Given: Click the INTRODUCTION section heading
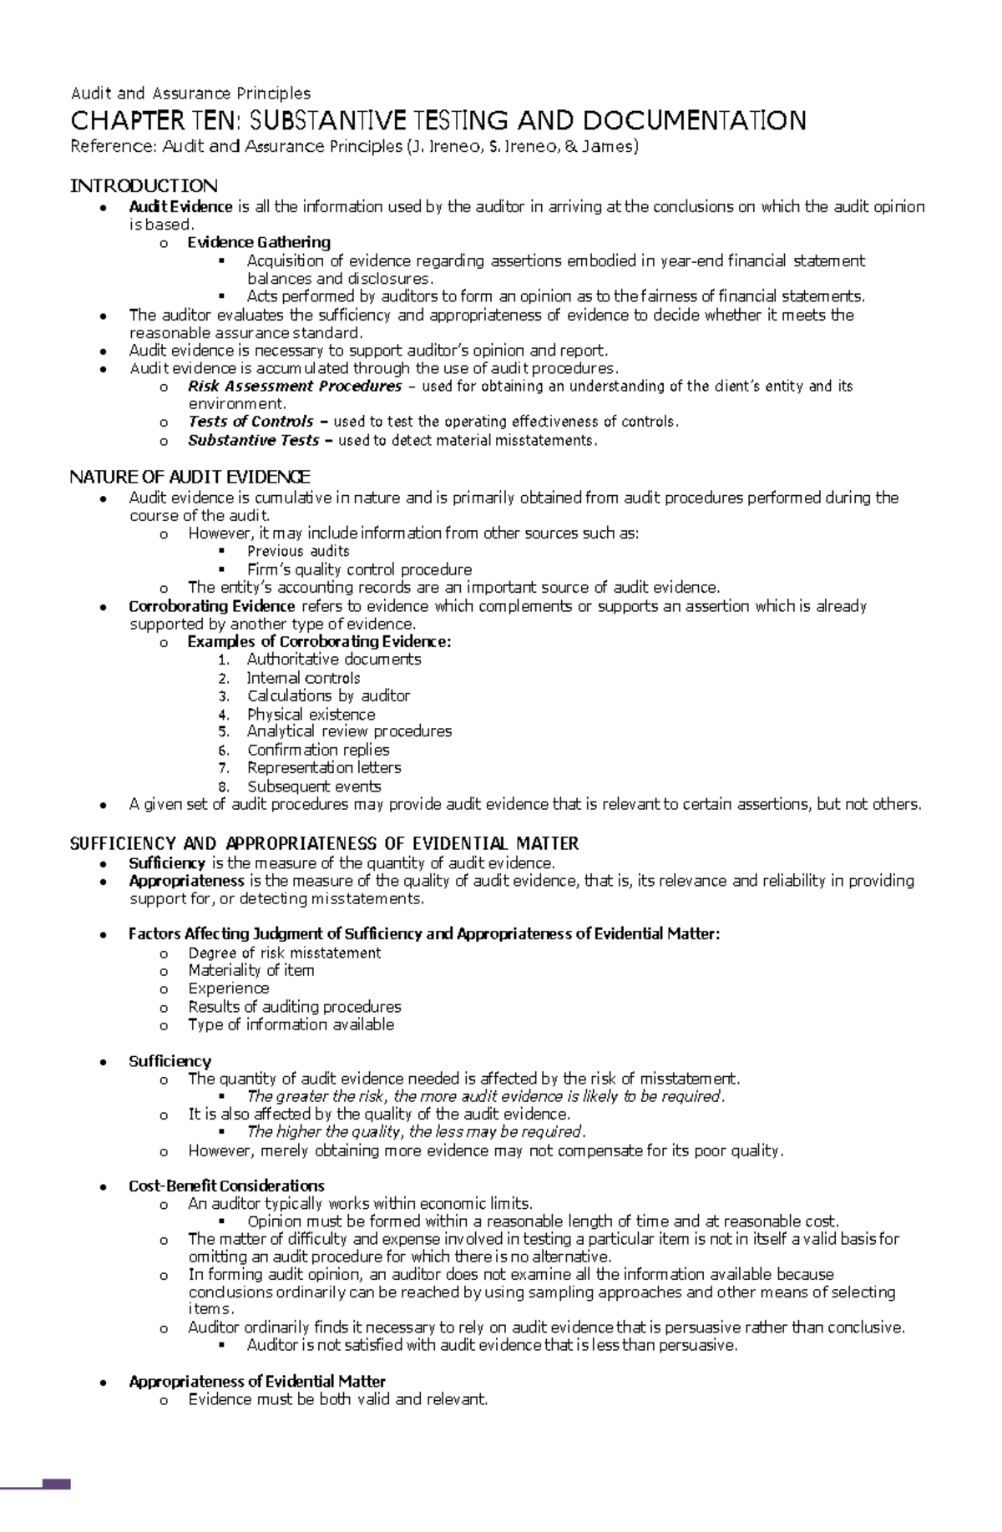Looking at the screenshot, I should pyautogui.click(x=144, y=185).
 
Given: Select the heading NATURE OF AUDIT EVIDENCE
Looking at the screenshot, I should pyautogui.click(x=190, y=477).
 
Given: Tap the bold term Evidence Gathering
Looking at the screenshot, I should pyautogui.click(x=259, y=242).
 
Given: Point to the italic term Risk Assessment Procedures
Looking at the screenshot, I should pyautogui.click(x=295, y=386).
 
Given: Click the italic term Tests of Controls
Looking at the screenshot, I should pyautogui.click(x=250, y=422).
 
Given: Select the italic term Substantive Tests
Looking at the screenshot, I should pyautogui.click(x=253, y=440).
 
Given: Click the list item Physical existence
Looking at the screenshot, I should pyautogui.click(x=311, y=715).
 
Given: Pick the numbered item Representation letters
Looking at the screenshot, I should pyautogui.click(x=324, y=767).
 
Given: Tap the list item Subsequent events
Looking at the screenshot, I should pyautogui.click(x=314, y=786).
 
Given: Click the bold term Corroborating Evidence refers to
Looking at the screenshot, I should pyautogui.click(x=211, y=606).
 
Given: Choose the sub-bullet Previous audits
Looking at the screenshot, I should pyautogui.click(x=298, y=551).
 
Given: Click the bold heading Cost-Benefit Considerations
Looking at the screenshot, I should pyautogui.click(x=226, y=1186).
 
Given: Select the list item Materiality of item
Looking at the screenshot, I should pyautogui.click(x=250, y=970).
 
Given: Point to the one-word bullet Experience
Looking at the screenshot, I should pyautogui.click(x=228, y=988).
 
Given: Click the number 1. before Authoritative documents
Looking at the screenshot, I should pyautogui.click(x=223, y=660).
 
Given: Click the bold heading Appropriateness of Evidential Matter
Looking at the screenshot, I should pyautogui.click(x=257, y=1382).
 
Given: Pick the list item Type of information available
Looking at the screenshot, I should pyautogui.click(x=291, y=1024).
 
